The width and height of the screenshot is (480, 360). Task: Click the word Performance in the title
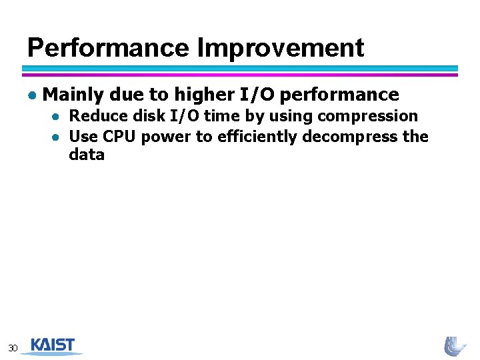coord(109,48)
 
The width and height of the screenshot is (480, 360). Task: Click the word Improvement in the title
coord(281,48)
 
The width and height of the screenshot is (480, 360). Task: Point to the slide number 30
coord(13,347)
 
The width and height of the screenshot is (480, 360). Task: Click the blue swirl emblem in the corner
coord(456,345)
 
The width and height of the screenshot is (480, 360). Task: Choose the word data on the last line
coord(87,155)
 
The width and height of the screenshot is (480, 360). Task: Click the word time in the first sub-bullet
coord(220,116)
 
